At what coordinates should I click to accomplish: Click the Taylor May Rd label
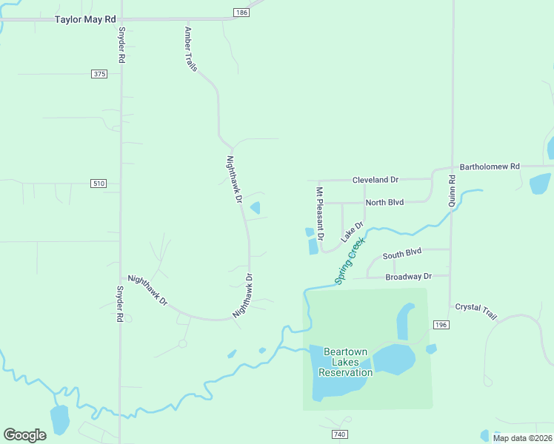(86, 19)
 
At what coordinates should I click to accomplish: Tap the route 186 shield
(241, 13)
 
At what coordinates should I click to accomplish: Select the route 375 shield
(100, 74)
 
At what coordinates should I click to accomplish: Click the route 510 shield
(99, 183)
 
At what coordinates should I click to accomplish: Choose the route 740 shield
(340, 434)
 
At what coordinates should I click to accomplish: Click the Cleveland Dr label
(376, 180)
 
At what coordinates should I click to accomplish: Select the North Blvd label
(384, 202)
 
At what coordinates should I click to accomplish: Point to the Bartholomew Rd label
(490, 166)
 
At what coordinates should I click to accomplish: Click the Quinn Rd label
(452, 190)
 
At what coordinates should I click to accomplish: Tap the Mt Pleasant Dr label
(321, 214)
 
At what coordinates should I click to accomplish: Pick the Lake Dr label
(353, 232)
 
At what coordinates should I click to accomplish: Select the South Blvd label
(401, 253)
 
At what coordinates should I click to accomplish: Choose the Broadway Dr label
(408, 277)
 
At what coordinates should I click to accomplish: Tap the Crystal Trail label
(476, 311)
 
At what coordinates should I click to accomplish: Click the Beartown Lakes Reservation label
(345, 362)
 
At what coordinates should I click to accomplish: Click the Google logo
(24, 435)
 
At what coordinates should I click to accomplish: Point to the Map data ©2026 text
(521, 438)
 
